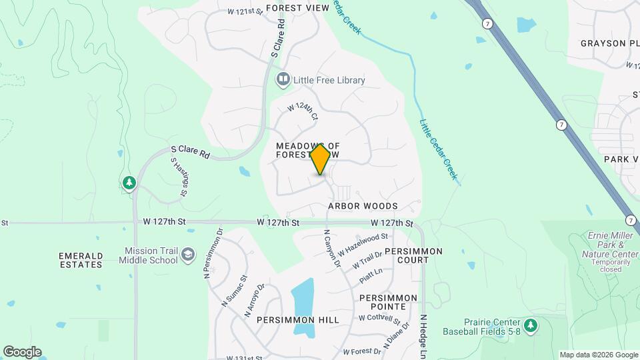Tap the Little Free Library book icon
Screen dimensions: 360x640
click(283, 80)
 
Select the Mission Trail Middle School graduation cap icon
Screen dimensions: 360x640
click(189, 255)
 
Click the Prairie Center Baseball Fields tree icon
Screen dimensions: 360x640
click(530, 325)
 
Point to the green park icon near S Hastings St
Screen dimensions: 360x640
click(129, 182)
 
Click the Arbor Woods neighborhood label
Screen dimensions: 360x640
click(363, 207)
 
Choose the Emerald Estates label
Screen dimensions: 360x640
click(80, 260)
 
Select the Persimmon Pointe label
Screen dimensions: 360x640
click(388, 302)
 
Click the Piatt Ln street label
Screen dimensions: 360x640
click(371, 274)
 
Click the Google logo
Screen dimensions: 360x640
click(22, 351)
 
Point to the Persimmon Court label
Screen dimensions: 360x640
click(413, 256)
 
